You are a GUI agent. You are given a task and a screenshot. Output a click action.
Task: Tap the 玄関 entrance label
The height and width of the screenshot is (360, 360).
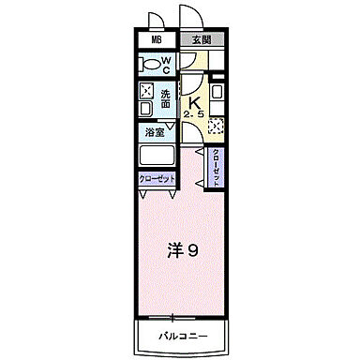201,41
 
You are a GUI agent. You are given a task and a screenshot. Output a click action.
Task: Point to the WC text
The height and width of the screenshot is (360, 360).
166,65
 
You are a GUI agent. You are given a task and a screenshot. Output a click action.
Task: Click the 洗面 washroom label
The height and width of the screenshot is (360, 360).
164,97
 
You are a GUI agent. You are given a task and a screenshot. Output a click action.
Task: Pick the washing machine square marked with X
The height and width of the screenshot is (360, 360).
147,92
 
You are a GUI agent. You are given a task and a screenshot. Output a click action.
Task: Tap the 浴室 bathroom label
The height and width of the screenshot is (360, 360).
155,133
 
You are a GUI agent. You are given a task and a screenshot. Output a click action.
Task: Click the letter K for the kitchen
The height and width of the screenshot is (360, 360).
196,103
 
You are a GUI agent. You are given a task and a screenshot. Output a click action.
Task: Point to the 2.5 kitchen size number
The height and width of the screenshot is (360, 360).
195,114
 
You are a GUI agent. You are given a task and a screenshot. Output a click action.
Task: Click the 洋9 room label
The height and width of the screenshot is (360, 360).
183,250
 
